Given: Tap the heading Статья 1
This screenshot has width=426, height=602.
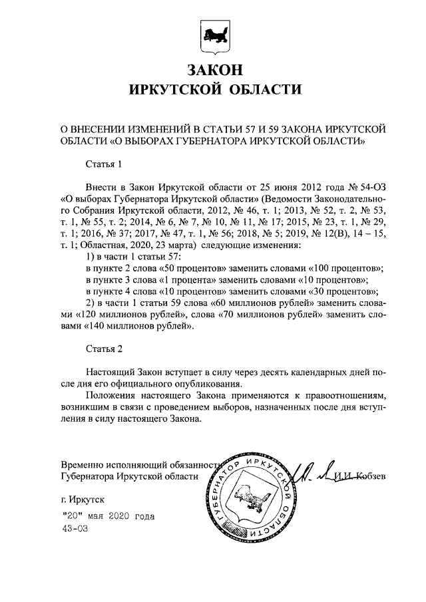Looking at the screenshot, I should point(105,162).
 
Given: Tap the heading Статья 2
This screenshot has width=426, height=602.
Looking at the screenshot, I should point(105,349).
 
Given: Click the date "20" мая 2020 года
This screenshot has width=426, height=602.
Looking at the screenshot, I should point(106,516).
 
